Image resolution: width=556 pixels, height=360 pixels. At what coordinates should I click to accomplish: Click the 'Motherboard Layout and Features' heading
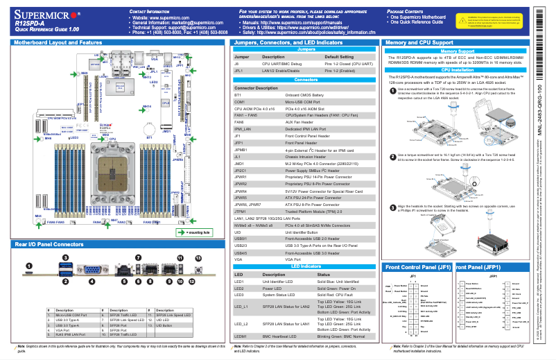(x=56, y=43)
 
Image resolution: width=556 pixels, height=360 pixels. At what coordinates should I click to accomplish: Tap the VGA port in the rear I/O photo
(x=92, y=270)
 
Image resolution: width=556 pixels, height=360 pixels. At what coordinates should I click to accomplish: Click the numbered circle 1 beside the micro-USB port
(x=29, y=265)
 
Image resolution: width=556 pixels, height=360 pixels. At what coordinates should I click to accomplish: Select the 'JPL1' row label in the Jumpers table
(x=238, y=71)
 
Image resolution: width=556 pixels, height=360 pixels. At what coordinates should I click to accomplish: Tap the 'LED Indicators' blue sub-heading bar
(x=304, y=266)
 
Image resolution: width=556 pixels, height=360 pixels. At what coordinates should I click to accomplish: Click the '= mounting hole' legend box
(x=198, y=232)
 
